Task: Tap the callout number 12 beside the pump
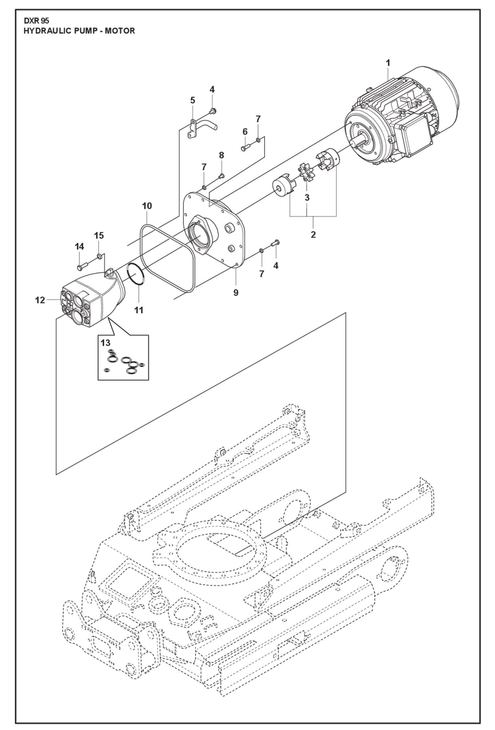pos(40,300)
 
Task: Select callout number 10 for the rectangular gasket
pos(147,206)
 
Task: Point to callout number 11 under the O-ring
pos(138,310)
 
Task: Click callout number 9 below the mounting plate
pos(236,293)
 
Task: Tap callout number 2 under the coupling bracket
pos(313,235)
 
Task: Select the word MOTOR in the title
pos(120,31)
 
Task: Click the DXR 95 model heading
pos(36,21)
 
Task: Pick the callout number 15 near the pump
pos(99,235)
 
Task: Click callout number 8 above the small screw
pos(221,155)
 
